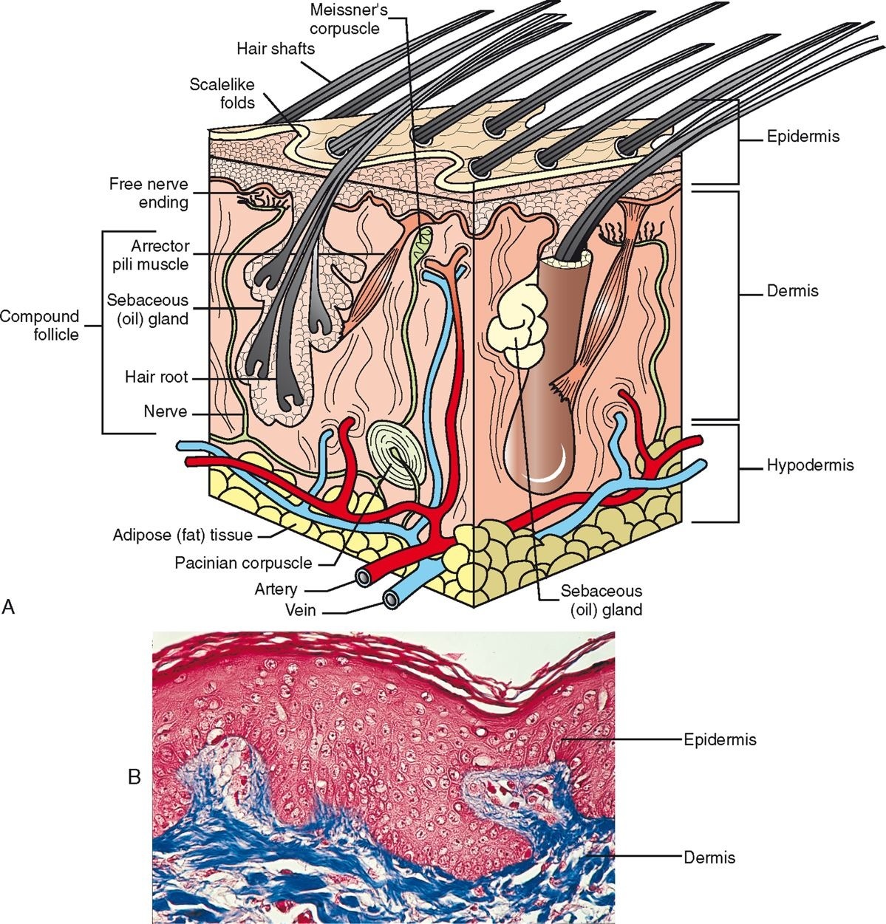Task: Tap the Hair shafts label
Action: pos(276,49)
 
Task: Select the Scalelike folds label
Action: pos(222,94)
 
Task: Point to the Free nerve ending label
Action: pos(149,193)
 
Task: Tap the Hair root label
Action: pos(156,377)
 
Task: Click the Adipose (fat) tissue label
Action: pos(183,535)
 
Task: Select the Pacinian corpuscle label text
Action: pos(243,563)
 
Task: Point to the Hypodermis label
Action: pos(810,465)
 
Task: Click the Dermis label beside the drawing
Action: pos(792,291)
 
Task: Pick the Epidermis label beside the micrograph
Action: pos(719,739)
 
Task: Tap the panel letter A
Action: pos(9,606)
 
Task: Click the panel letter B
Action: pos(134,777)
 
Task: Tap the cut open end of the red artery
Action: pos(364,578)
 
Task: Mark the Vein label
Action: pos(301,611)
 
